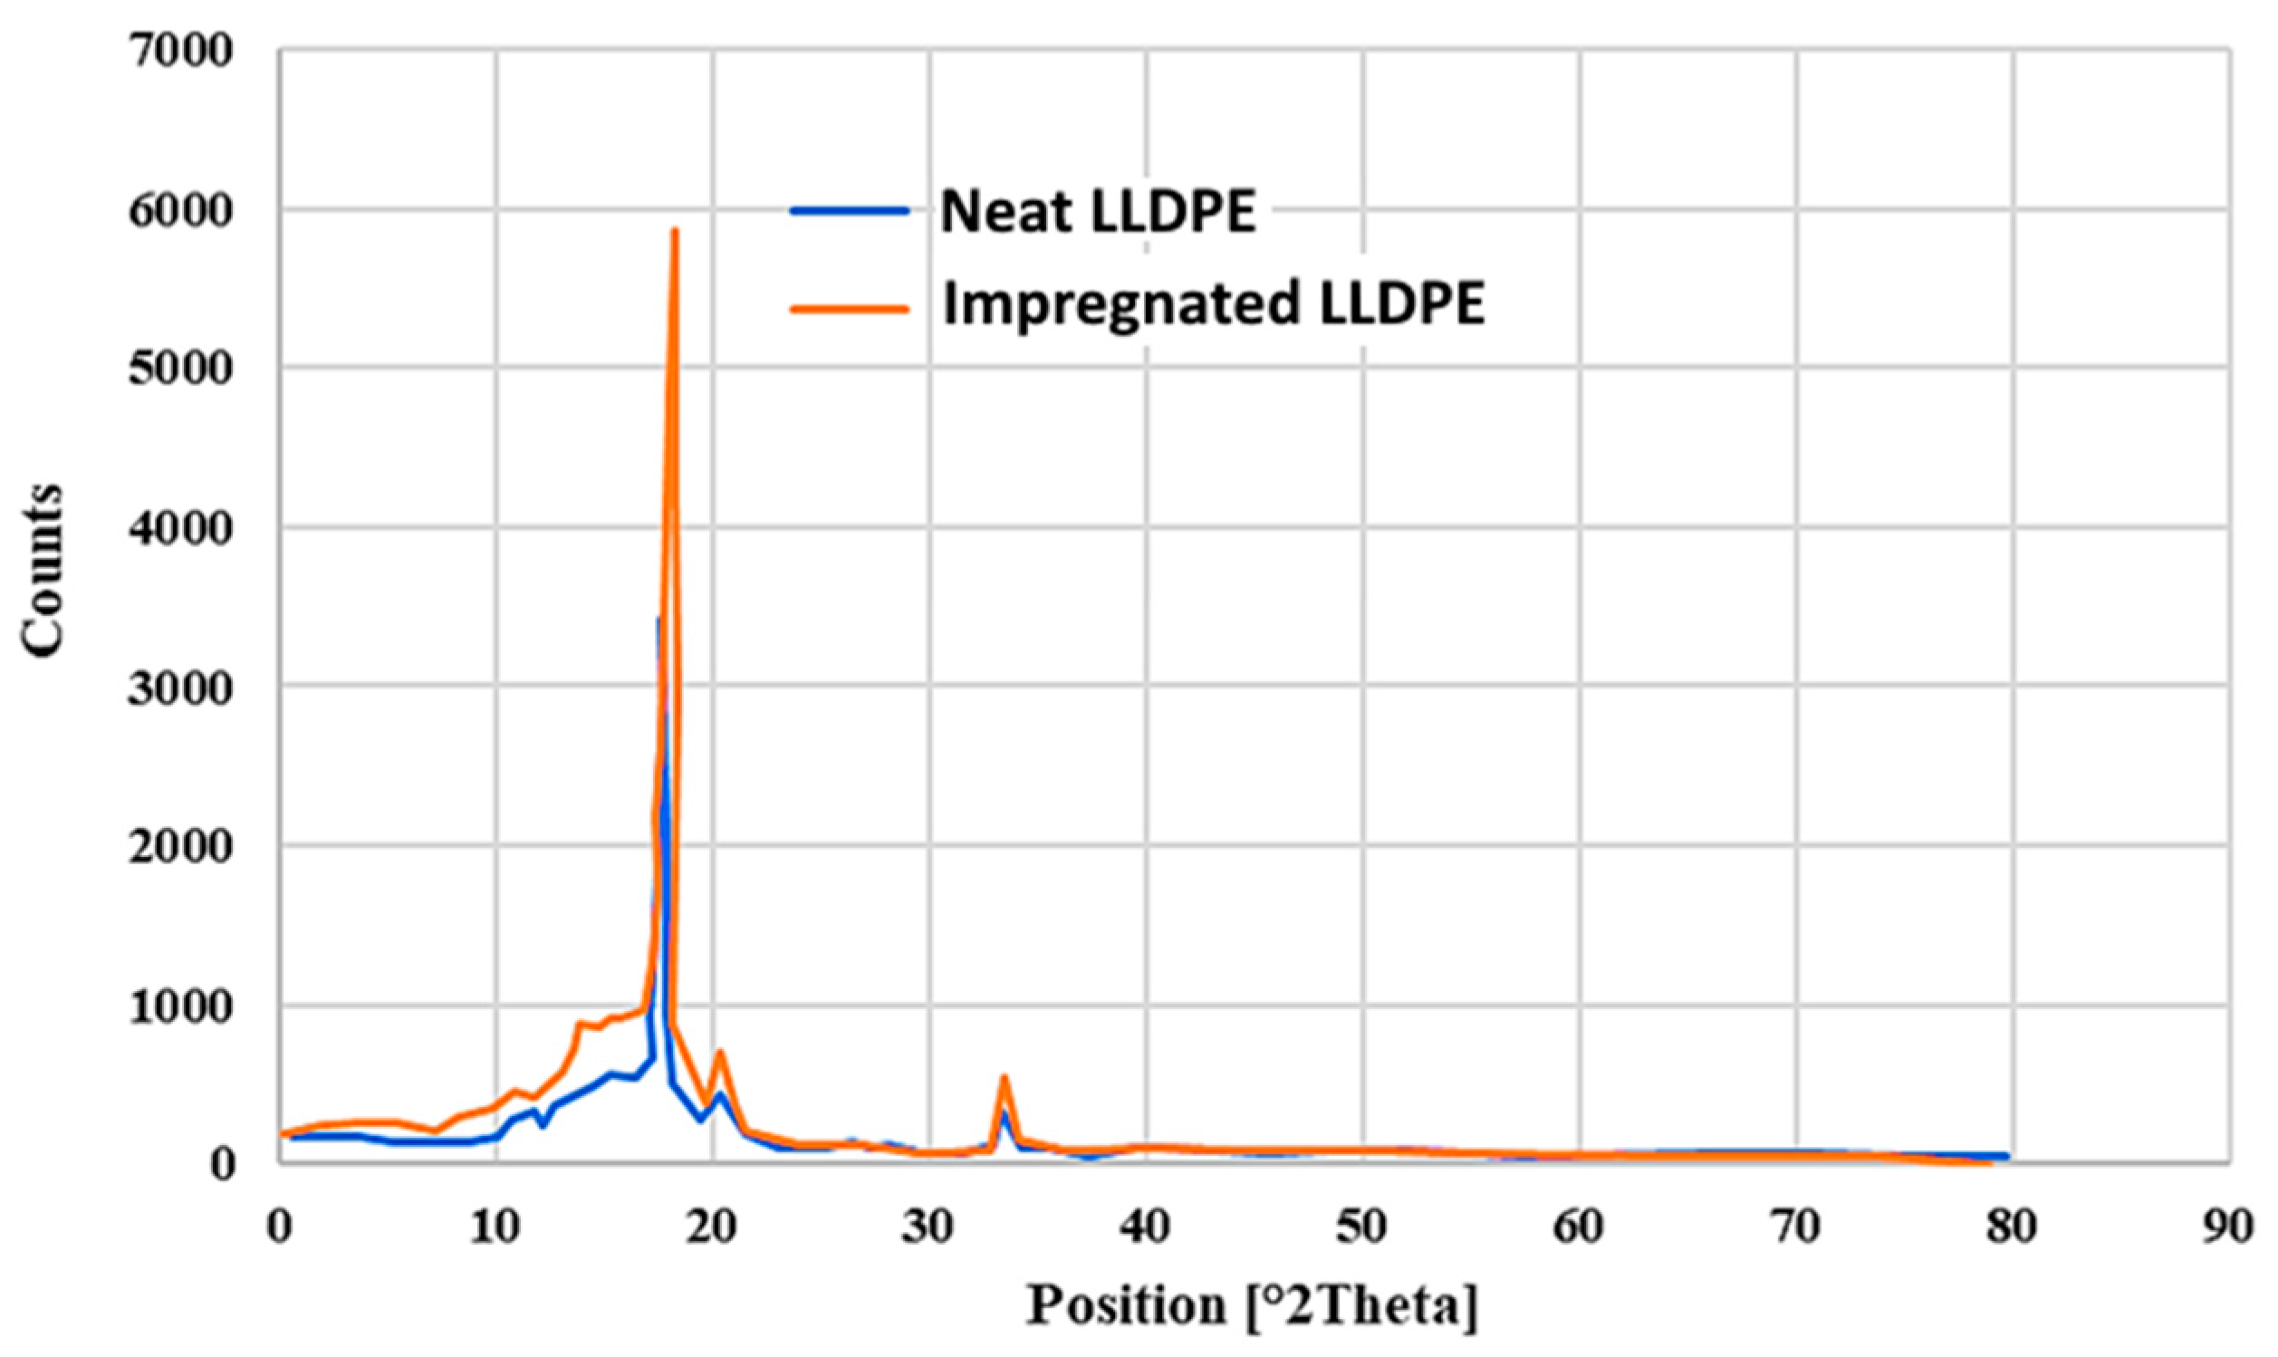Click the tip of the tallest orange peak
coord(675,230)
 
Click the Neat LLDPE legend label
coord(1098,212)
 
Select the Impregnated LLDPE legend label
coord(1213,304)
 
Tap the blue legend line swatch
coord(850,211)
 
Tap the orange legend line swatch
coord(850,307)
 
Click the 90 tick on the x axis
coord(2227,1227)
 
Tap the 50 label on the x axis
coord(1362,1227)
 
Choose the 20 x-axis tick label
coord(713,1227)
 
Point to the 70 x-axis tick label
coord(1795,1227)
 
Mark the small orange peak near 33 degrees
coord(1004,1077)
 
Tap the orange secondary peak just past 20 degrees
coord(720,1052)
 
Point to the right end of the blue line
coord(2007,1157)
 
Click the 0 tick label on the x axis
coord(280,1227)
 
